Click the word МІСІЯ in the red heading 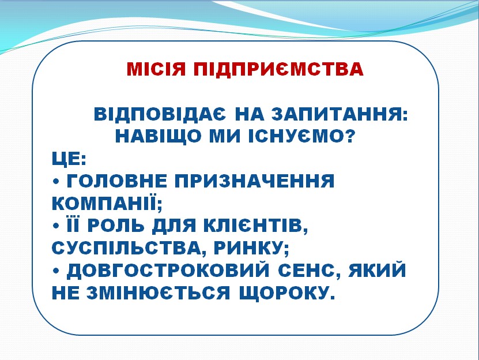click(x=156, y=69)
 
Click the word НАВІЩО click(x=158, y=136)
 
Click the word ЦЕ click(x=66, y=159)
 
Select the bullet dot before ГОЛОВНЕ click(x=55, y=182)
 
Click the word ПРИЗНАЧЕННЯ click(x=255, y=181)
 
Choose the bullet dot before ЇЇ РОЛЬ click(x=55, y=227)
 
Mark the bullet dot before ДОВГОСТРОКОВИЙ click(x=55, y=271)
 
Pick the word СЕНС click(x=307, y=271)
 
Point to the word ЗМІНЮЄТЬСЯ click(x=158, y=293)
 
